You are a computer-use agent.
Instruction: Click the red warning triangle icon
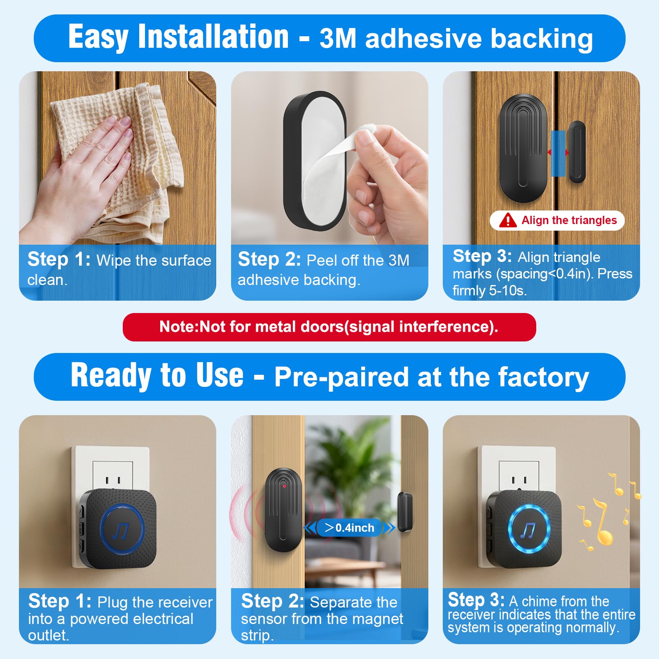click(507, 220)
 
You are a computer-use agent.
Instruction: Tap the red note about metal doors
click(329, 327)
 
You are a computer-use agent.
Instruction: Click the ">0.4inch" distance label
click(349, 528)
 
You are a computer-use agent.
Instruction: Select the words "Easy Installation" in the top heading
click(178, 37)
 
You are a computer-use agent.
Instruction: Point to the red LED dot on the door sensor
click(285, 486)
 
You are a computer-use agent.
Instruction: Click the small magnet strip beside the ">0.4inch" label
click(405, 513)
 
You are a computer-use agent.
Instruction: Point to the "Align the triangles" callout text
click(569, 220)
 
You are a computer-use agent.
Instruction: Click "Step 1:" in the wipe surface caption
click(59, 259)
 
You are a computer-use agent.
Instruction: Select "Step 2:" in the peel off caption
click(269, 259)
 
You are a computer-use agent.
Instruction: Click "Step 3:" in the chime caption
click(476, 600)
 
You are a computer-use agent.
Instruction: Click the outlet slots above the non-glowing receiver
click(113, 480)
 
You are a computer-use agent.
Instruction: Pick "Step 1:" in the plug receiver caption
click(60, 601)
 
